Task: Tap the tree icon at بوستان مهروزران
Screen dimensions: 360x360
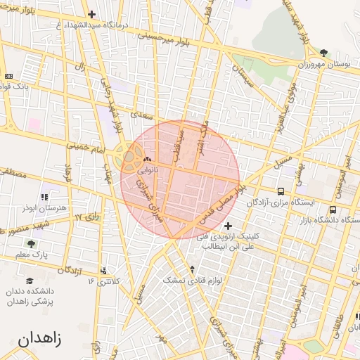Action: [323, 52]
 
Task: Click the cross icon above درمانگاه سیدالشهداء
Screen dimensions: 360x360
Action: [92, 14]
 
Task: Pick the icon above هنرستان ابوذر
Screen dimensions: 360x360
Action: [44, 198]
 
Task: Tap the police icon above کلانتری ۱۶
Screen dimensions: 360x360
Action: [104, 271]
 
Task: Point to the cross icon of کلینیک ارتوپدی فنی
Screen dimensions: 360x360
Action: [228, 225]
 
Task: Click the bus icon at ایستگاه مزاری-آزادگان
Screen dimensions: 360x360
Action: [281, 191]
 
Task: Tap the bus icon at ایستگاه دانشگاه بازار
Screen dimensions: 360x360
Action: [333, 209]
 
